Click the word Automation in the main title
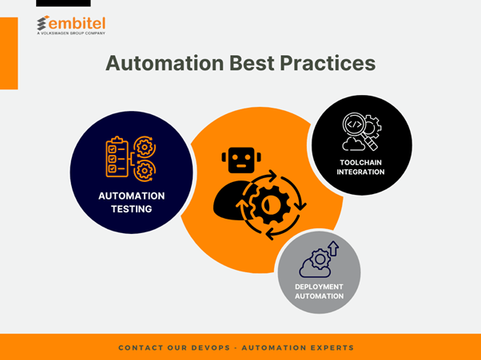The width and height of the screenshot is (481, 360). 165,63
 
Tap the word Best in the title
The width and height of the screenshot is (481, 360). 252,63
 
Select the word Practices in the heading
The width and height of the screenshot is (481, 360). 328,63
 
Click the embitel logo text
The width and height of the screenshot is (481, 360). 77,23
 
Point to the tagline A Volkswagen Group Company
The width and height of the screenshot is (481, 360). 71,33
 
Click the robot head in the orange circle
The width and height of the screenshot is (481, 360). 241,160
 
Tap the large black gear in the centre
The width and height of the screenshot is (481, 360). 271,205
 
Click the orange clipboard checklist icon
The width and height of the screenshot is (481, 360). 117,157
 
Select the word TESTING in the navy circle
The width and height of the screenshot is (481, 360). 131,209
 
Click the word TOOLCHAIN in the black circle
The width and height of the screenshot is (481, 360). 360,162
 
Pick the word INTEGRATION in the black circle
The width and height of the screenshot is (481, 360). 360,172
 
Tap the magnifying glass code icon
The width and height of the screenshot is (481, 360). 360,131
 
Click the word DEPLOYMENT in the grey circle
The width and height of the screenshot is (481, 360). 319,287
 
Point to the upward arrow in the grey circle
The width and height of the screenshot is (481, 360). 333,248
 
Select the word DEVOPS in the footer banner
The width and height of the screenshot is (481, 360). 210,348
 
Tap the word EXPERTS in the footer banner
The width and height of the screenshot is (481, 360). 332,348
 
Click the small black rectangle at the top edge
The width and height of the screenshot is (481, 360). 63,3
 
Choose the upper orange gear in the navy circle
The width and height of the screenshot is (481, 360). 145,148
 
